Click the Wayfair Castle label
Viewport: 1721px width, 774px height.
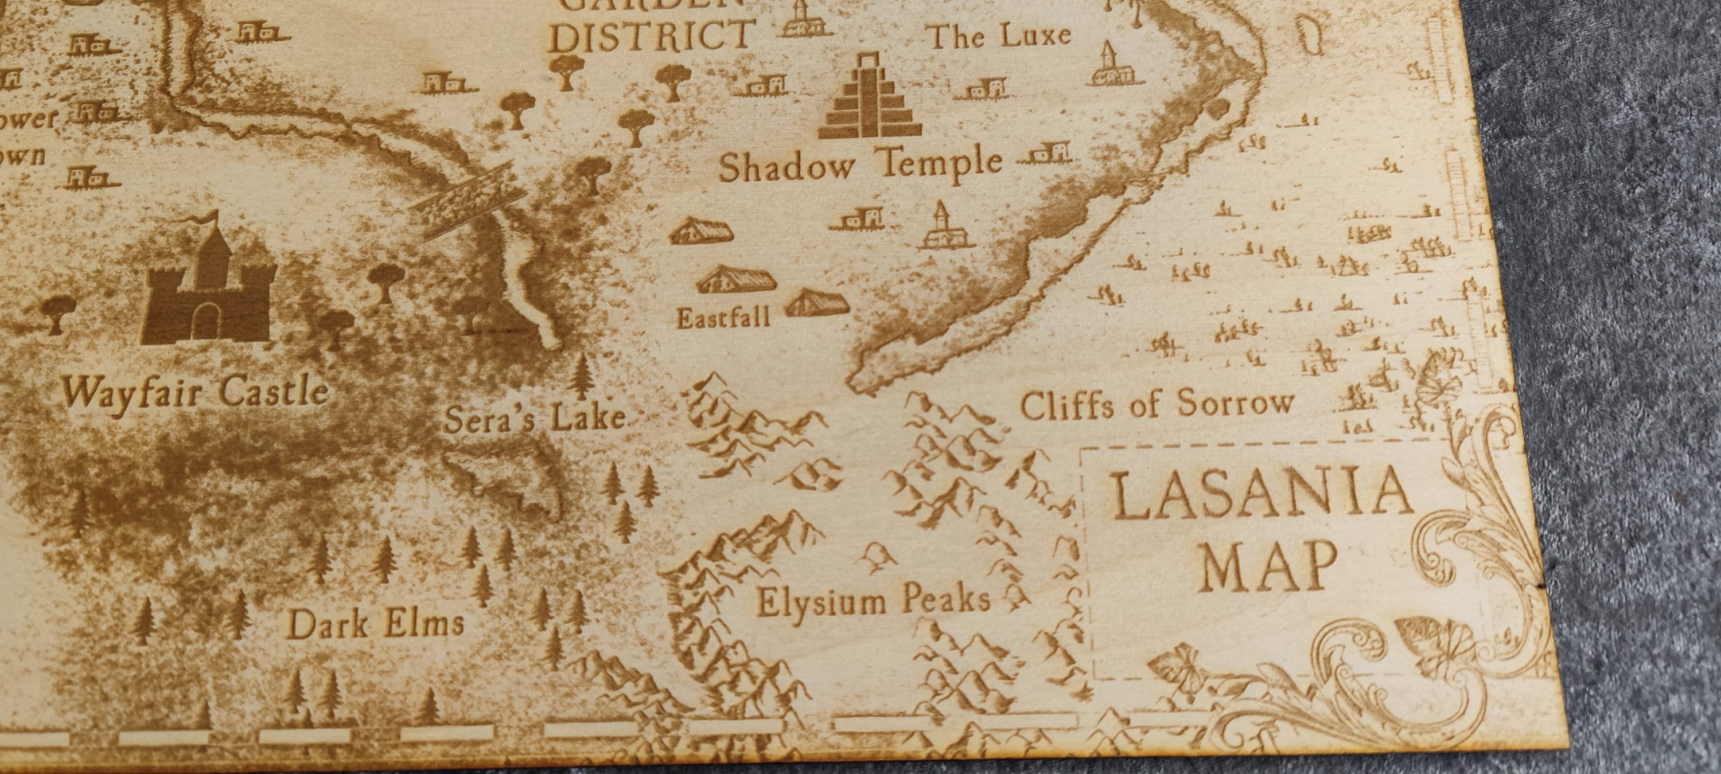tap(195, 393)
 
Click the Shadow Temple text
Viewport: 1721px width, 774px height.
tap(860, 165)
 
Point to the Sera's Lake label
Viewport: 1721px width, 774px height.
tap(535, 419)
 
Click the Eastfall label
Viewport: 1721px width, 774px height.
tap(723, 317)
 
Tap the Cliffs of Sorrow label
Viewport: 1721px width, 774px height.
tap(1157, 404)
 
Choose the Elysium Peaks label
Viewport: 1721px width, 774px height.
tap(873, 601)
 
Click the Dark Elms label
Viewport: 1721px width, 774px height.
tap(375, 624)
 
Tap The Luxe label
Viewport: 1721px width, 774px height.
tap(999, 36)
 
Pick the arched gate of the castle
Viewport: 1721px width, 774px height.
tap(207, 321)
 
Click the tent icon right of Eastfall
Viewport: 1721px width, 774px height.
tap(816, 304)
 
